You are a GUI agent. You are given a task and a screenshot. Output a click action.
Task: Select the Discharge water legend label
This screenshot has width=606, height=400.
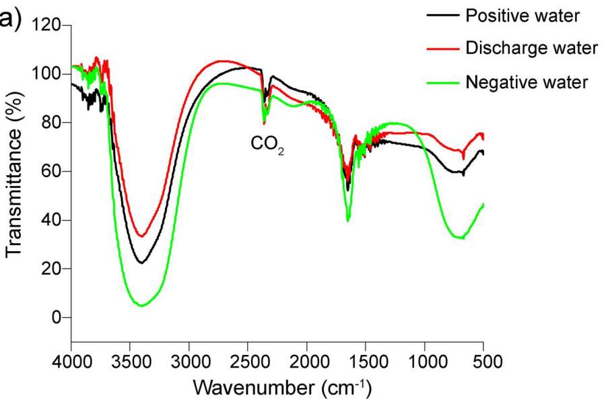tap(531, 48)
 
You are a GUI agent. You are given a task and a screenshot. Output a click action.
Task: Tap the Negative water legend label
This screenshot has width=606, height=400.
tap(527, 82)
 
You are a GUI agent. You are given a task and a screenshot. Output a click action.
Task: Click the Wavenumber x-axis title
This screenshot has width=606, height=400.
tap(282, 388)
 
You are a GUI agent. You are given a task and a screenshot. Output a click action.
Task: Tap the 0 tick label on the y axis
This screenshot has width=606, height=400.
tap(57, 317)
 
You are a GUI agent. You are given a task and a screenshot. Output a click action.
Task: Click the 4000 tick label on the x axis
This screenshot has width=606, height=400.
tap(71, 361)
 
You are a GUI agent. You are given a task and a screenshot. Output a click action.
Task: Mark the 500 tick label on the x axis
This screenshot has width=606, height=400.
tap(483, 361)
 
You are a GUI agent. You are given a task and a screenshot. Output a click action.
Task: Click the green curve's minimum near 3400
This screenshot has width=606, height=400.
tap(142, 306)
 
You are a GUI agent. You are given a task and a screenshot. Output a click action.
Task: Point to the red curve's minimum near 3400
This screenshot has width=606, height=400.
tap(141, 236)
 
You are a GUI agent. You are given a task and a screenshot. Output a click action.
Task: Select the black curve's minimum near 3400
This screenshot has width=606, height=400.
tap(141, 263)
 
